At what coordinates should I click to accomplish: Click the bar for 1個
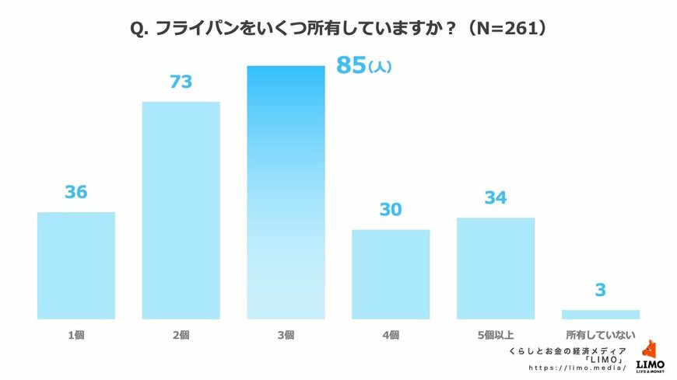pyautogui.click(x=76, y=265)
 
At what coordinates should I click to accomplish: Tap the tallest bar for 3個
pyautogui.click(x=286, y=192)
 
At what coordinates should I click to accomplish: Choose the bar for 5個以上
pyautogui.click(x=496, y=268)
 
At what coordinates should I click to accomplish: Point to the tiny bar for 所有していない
pyautogui.click(x=601, y=315)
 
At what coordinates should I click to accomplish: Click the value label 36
pyautogui.click(x=76, y=192)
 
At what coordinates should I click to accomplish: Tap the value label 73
pyautogui.click(x=181, y=82)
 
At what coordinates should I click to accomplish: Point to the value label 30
pyautogui.click(x=391, y=210)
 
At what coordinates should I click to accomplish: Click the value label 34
pyautogui.click(x=496, y=198)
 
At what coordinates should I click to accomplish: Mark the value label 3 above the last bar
pyautogui.click(x=601, y=291)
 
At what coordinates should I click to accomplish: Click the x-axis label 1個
pyautogui.click(x=76, y=336)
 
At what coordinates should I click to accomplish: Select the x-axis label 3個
pyautogui.click(x=286, y=336)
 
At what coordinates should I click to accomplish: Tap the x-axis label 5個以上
pyautogui.click(x=496, y=336)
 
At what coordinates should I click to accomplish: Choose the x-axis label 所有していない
pyautogui.click(x=601, y=336)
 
